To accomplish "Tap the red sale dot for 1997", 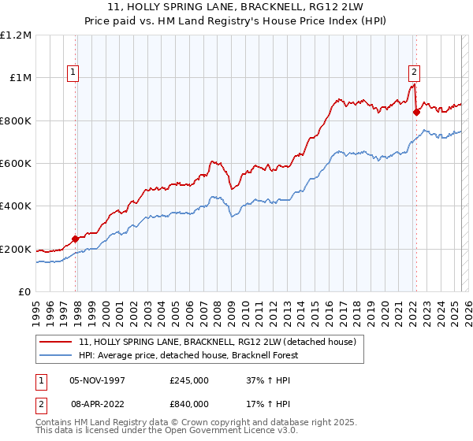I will [x=76, y=239].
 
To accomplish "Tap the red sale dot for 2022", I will [x=417, y=111].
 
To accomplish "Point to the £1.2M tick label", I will [x=17, y=35].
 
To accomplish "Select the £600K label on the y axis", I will [x=16, y=163].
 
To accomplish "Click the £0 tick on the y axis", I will [x=24, y=291].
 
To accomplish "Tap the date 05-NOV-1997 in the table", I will [x=97, y=380].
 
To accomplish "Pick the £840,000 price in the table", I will [x=189, y=403].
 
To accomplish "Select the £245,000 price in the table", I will [x=189, y=380].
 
